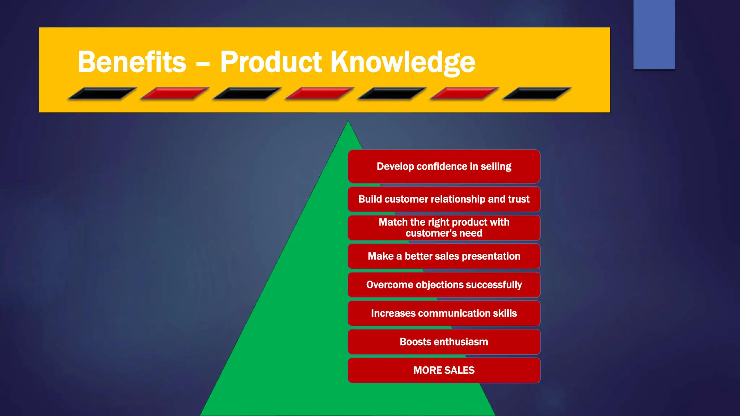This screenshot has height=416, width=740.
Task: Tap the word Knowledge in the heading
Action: (x=403, y=62)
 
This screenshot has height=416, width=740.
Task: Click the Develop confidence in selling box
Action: (x=444, y=166)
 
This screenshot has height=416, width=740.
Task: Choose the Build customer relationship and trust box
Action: (x=444, y=199)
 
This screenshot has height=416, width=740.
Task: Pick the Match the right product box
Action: (x=444, y=227)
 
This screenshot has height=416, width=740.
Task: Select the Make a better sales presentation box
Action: (x=444, y=256)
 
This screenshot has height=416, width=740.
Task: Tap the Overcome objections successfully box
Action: (x=444, y=285)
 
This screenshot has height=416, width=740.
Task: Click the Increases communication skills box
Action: (x=444, y=313)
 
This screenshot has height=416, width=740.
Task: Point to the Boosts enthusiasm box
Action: (x=444, y=342)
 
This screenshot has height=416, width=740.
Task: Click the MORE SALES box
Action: (x=444, y=370)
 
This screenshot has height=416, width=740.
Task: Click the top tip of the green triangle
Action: (x=348, y=123)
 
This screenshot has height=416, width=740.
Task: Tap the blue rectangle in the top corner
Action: (x=654, y=34)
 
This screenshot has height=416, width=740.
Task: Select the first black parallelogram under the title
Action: (x=102, y=94)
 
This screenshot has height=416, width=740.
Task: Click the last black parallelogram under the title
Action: (x=537, y=94)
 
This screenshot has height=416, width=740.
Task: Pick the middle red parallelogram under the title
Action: (x=319, y=94)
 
